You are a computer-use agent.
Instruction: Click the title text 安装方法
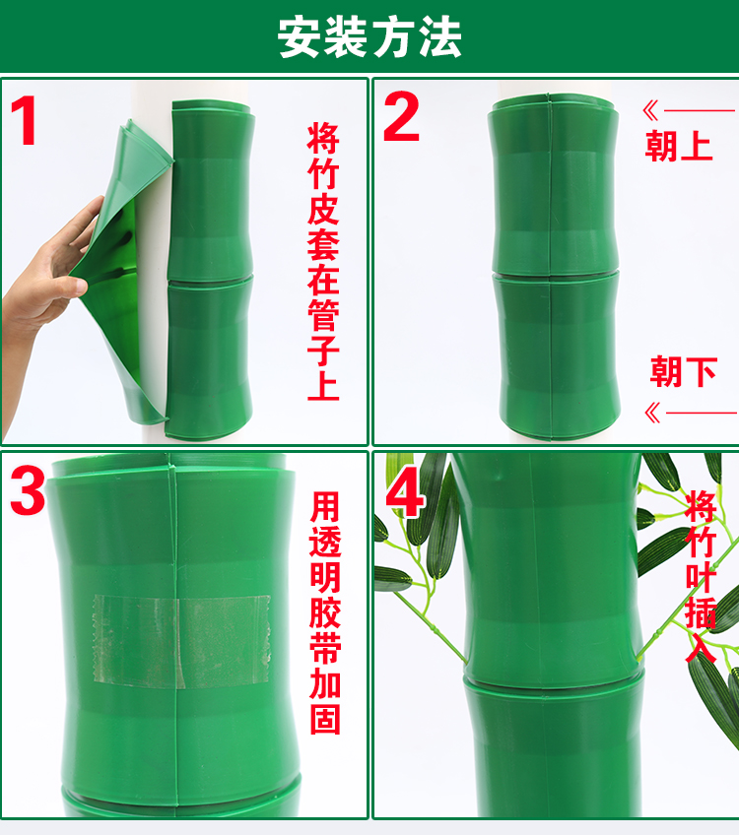369,37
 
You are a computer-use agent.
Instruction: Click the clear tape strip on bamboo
182,641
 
